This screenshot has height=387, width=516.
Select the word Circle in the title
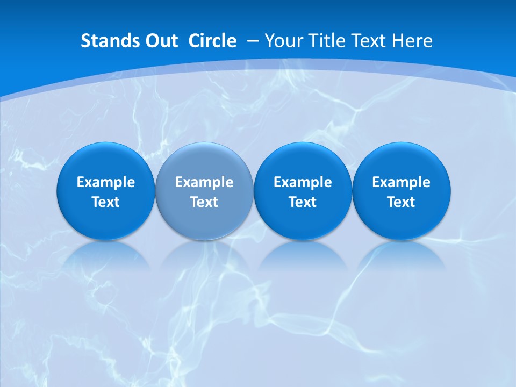point(212,41)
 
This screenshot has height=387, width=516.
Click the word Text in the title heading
point(369,41)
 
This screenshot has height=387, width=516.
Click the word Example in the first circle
point(105,182)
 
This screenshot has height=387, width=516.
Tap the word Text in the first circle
point(105,202)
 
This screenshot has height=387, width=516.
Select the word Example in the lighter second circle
point(204,182)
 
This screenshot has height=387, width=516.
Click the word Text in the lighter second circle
point(204,202)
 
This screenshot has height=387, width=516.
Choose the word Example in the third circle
point(303,182)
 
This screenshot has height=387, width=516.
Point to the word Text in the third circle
point(303,202)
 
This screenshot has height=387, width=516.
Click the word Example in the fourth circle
point(401,182)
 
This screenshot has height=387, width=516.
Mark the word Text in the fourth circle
point(401,202)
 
